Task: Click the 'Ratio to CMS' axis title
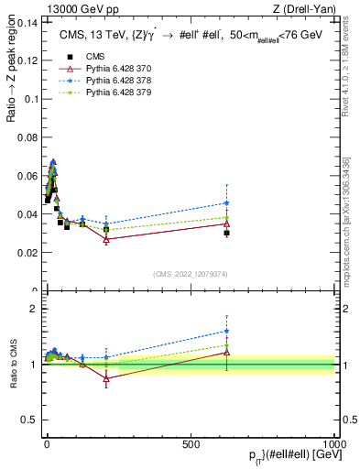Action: (12, 365)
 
